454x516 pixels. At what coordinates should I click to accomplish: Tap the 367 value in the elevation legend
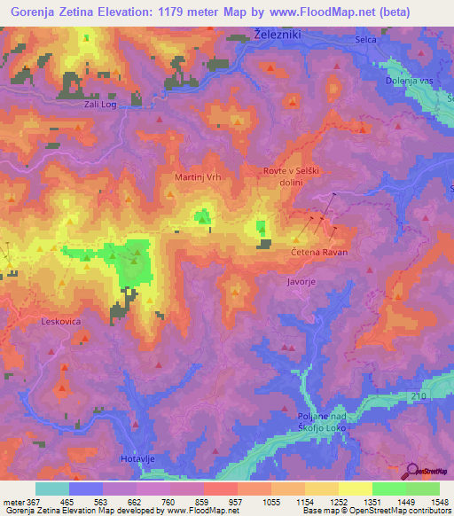click(x=28, y=501)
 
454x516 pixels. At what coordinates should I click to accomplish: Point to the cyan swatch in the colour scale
click(x=52, y=489)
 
